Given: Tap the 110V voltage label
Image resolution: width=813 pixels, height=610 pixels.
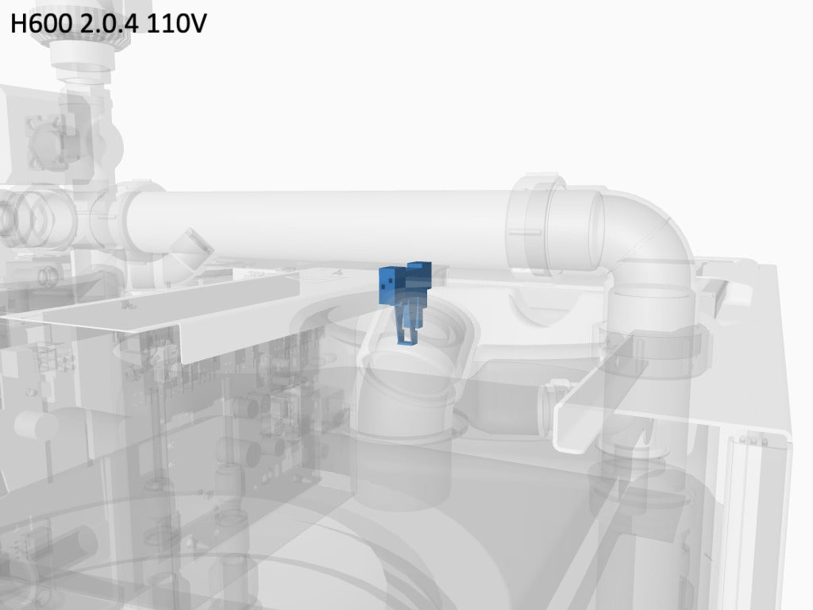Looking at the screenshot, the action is click(x=176, y=23).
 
